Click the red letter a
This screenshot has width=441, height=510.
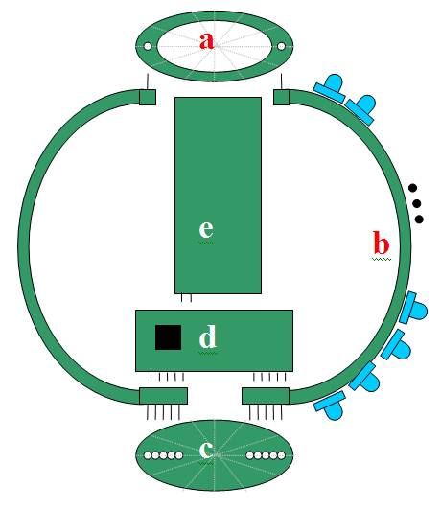(207, 41)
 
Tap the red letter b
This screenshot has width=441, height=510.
(381, 243)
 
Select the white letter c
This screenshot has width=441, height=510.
(206, 450)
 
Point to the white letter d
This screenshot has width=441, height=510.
(207, 336)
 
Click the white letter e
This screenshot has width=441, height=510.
(206, 229)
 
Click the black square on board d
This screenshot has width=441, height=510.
(168, 337)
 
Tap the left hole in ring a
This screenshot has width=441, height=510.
(148, 47)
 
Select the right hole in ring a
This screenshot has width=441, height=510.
(281, 46)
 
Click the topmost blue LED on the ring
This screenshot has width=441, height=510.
(330, 88)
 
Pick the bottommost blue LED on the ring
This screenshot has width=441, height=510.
(329, 406)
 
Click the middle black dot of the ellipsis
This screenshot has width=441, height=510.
(417, 203)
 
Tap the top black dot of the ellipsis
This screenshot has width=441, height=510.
(412, 188)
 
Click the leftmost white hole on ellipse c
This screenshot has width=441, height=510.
(148, 455)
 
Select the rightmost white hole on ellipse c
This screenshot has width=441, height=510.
(281, 455)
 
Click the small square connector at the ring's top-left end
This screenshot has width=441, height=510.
(148, 97)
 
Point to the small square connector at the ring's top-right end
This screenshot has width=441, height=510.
(281, 97)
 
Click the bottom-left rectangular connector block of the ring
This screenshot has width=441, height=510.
(163, 396)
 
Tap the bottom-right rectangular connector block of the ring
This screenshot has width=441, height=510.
(266, 396)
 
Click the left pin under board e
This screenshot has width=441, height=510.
(182, 298)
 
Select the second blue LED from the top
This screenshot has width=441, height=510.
(361, 109)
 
